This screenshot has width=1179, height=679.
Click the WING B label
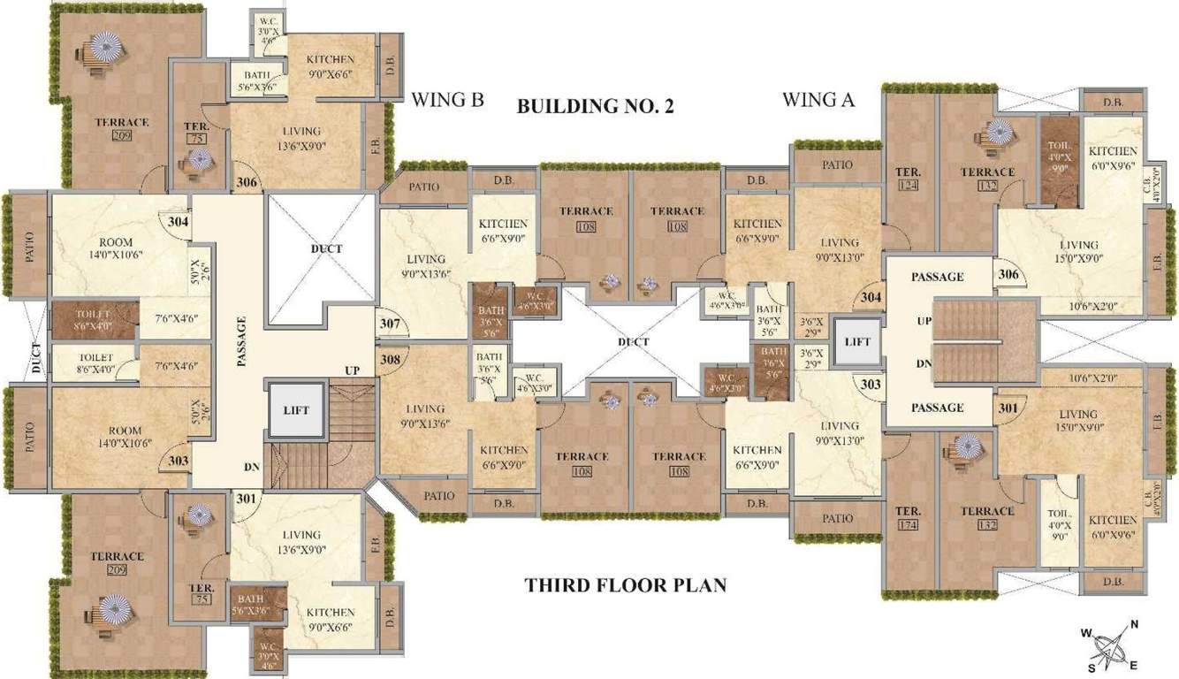pyautogui.click(x=448, y=99)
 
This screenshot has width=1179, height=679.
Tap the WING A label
pyautogui.click(x=818, y=99)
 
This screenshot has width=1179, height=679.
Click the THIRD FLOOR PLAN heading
pyautogui.click(x=625, y=585)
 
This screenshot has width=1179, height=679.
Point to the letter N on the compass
pyautogui.click(x=1134, y=625)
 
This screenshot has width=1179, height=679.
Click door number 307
pyautogui.click(x=391, y=324)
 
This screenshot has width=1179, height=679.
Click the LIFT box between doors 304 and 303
pyautogui.click(x=857, y=341)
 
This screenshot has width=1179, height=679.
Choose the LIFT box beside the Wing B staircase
pyautogui.click(x=295, y=410)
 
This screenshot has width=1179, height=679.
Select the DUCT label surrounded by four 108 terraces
pyautogui.click(x=633, y=342)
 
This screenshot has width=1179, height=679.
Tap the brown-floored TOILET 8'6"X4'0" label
pyautogui.click(x=93, y=318)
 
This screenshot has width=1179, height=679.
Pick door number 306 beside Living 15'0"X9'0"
pyautogui.click(x=1008, y=274)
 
